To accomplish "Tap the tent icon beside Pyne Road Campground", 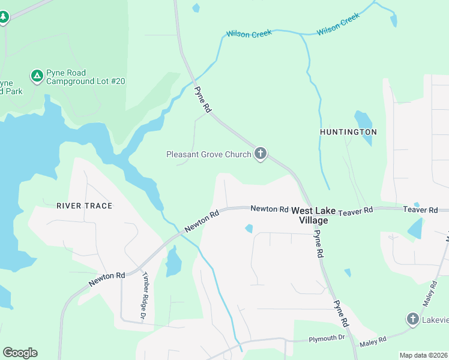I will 37,76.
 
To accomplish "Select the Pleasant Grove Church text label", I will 208,155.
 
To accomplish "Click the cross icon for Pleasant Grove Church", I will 261,154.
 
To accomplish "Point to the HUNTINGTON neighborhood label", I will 348,132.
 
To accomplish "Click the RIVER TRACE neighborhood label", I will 84,206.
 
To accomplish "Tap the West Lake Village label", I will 313,215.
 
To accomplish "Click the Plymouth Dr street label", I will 327,339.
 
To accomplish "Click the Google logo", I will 20,353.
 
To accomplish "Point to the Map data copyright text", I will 423,355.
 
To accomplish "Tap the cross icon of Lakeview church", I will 412,319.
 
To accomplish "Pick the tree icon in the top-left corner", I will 4,16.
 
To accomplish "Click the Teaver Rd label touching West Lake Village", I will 355,211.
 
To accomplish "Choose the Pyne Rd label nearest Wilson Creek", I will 203,100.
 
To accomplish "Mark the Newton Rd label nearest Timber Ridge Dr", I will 106,279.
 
